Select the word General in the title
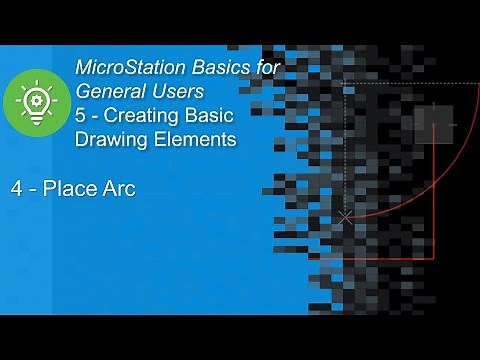[112, 92]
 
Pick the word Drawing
[109, 140]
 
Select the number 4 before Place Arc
[18, 187]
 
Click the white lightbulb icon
[36, 102]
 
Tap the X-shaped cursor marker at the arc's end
[345, 216]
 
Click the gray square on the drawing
[433, 124]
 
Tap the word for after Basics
[263, 68]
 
